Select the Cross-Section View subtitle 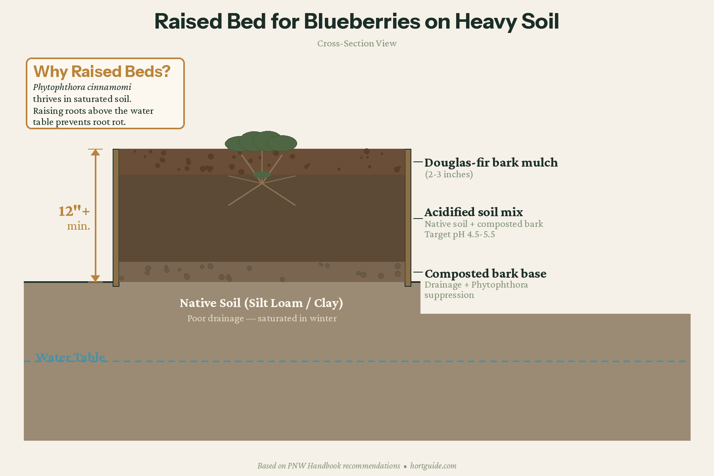357,44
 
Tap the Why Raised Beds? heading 102,72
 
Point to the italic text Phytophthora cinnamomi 82,87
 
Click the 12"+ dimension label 74,211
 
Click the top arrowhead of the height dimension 95,152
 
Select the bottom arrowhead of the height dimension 95,278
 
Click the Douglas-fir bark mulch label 491,163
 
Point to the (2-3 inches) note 449,175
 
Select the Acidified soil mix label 474,212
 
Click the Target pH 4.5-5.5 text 460,234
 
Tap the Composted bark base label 486,274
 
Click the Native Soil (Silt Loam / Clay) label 261,303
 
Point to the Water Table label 71,357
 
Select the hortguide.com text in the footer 433,466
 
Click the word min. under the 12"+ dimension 79,226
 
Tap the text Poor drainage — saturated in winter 262,319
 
